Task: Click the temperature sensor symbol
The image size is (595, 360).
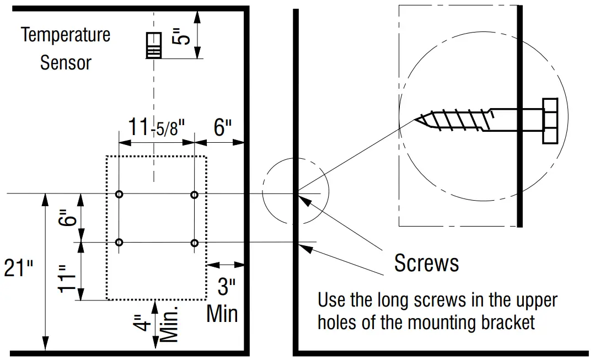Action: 154,45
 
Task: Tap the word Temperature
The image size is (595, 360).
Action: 66,35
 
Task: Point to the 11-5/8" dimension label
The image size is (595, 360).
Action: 156,127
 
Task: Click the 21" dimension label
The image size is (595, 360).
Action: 18,268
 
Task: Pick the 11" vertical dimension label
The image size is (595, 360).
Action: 66,279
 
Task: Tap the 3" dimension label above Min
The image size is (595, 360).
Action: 225,287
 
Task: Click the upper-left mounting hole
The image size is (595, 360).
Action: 120,195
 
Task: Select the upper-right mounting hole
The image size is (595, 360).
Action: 194,195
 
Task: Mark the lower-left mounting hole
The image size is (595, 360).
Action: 120,243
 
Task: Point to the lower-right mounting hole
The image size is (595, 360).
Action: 194,243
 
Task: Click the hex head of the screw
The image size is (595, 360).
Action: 550,121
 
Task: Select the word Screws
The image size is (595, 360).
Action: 426,264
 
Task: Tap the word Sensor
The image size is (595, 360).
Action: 66,62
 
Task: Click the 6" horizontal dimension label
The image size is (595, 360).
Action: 223,128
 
